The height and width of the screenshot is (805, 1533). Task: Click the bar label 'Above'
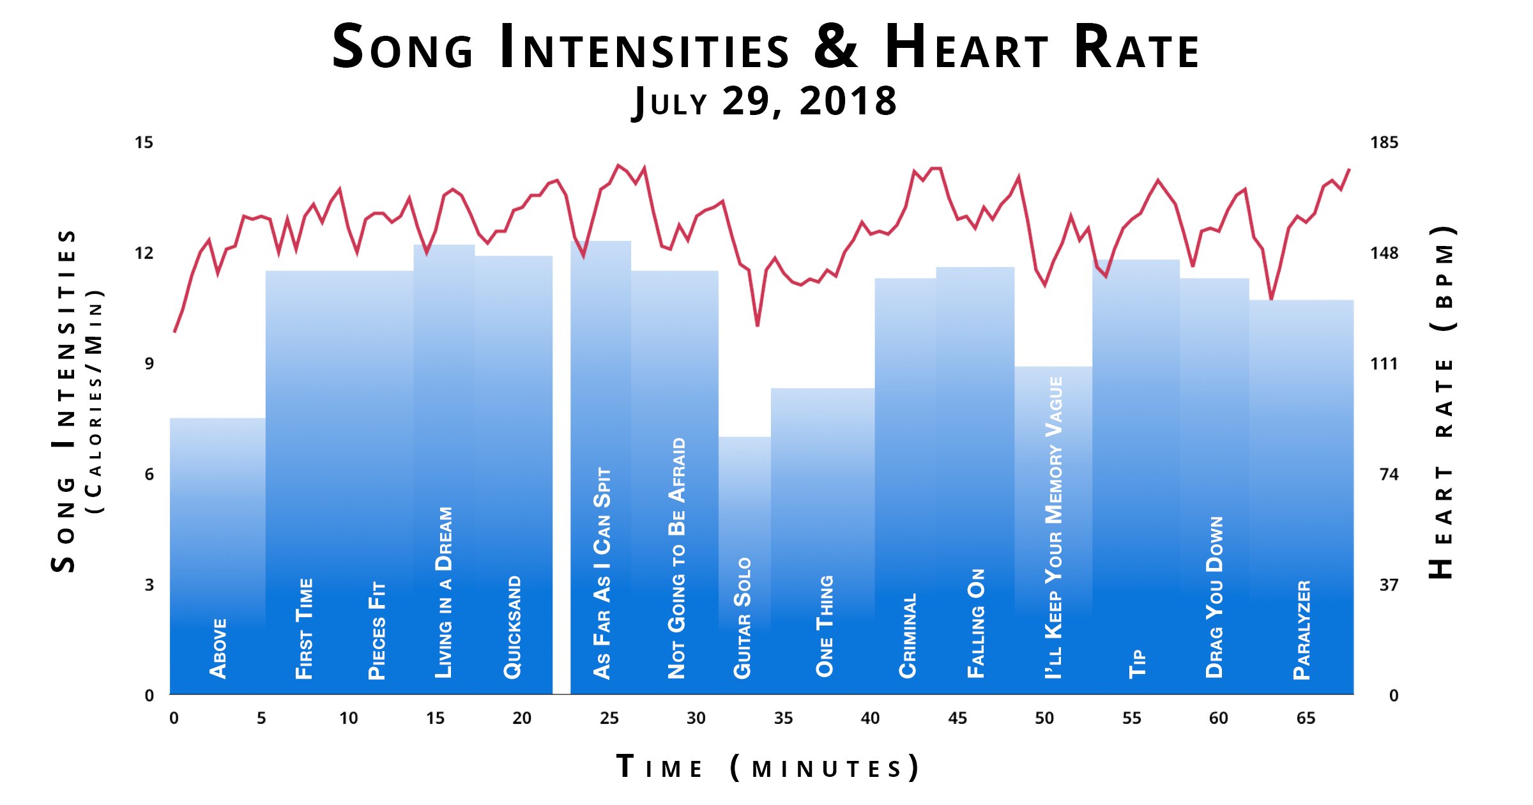(x=218, y=648)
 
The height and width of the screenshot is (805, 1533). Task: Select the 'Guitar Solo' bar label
(x=742, y=618)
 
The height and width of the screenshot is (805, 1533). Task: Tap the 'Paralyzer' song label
(x=1302, y=630)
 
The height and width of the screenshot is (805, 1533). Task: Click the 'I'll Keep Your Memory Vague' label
(x=1054, y=527)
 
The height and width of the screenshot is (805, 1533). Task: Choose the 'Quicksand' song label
(x=513, y=627)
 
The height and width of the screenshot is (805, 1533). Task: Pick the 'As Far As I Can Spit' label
(x=602, y=572)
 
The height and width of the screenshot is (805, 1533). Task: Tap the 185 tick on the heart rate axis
(x=1384, y=142)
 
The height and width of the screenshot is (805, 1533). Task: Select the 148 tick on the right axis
(x=1384, y=253)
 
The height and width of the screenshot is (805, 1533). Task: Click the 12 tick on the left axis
(x=144, y=253)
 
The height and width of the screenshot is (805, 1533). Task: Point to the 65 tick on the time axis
(x=1306, y=718)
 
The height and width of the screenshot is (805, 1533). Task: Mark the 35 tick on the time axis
(x=783, y=718)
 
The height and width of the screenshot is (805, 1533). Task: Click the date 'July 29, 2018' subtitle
(x=765, y=101)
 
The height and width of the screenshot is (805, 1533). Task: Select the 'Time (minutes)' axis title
(x=766, y=767)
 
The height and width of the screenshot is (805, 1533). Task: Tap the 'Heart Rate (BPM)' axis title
(x=1442, y=402)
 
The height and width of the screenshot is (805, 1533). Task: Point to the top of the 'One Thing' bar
(x=823, y=389)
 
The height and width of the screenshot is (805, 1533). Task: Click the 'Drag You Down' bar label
(x=1214, y=597)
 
